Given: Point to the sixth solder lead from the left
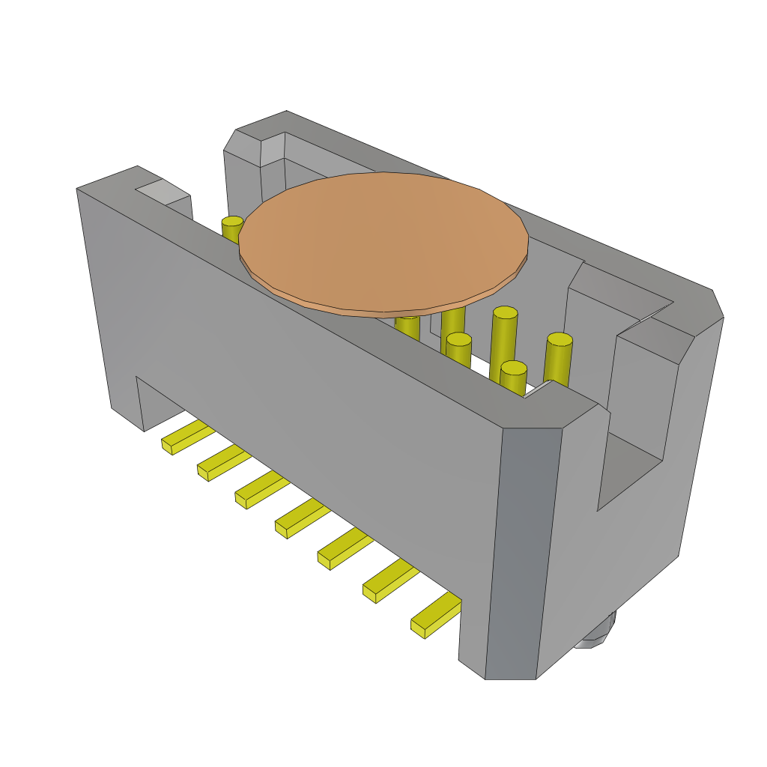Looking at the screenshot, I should pos(390,581).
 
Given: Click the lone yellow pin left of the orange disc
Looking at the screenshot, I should pos(231,228).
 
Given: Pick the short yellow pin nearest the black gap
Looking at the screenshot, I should pos(513,378).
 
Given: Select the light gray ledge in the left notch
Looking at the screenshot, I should pos(162,192).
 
